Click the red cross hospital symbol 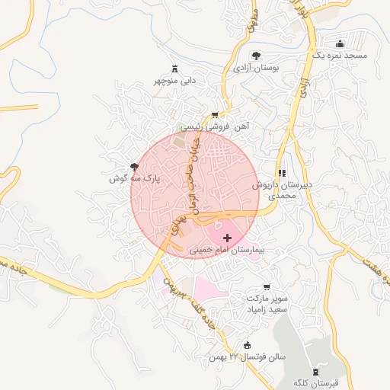pyautogui.click(x=227, y=238)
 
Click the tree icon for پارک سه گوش pyautogui.click(x=135, y=167)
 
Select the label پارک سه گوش pyautogui.click(x=126, y=178)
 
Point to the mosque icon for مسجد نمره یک pyautogui.click(x=339, y=43)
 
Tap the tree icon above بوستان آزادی pyautogui.click(x=256, y=56)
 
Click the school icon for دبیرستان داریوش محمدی pyautogui.click(x=282, y=174)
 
